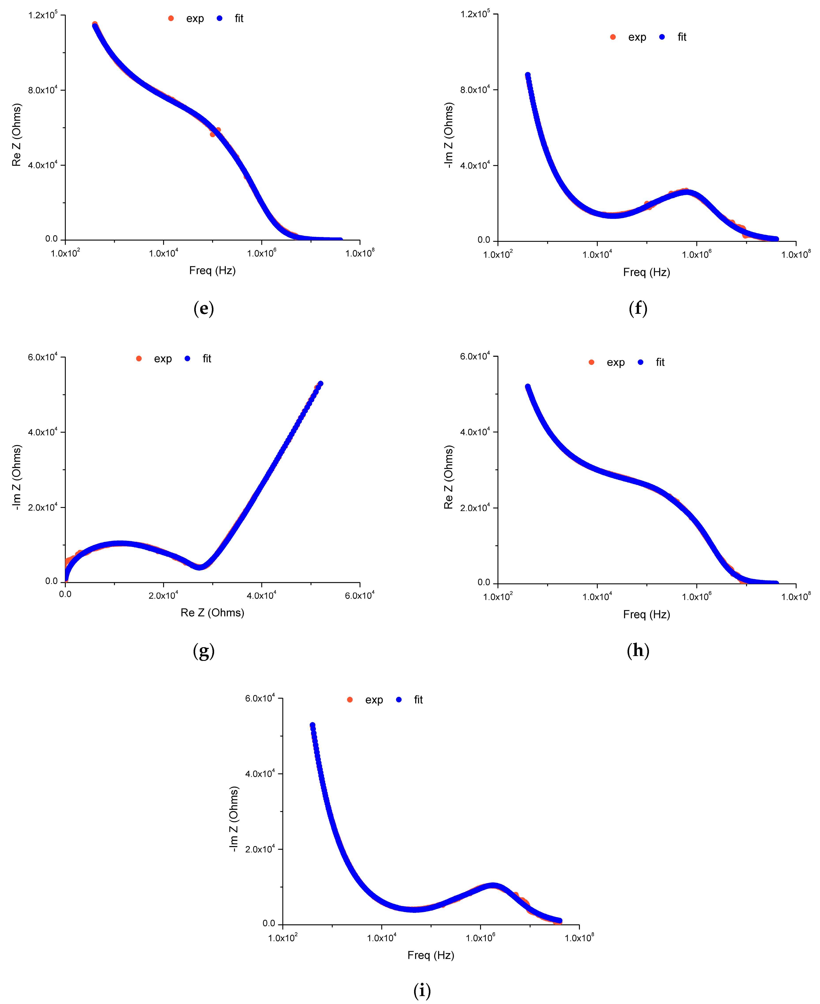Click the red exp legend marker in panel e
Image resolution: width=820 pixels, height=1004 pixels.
click(171, 18)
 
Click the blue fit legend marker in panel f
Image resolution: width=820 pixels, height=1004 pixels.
click(662, 37)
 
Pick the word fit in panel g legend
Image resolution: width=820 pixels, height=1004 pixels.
click(207, 358)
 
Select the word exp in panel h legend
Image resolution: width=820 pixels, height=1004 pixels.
click(615, 362)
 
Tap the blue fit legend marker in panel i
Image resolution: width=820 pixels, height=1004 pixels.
click(399, 699)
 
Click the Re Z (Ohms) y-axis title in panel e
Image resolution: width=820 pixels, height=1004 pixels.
click(17, 135)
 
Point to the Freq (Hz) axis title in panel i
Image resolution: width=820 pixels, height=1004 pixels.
click(431, 955)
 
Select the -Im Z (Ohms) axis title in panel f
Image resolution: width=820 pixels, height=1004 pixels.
click(449, 135)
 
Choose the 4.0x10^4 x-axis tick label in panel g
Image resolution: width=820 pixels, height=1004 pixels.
click(261, 596)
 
